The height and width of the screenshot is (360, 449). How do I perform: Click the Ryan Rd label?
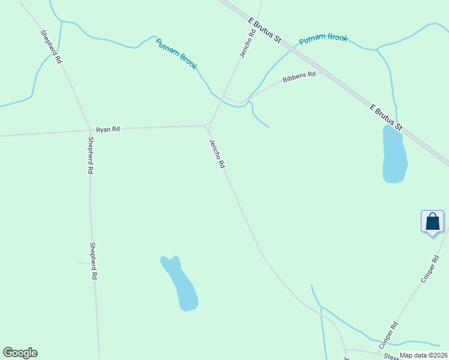(x=108, y=129)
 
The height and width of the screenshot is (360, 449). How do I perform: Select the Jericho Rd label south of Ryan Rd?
(x=217, y=153)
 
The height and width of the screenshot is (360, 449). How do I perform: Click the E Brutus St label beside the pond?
(x=385, y=118)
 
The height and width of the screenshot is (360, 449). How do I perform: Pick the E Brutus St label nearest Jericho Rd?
(x=265, y=29)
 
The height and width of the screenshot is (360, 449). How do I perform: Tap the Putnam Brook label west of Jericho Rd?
(x=176, y=54)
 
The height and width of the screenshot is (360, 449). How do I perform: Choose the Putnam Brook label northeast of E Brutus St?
(x=323, y=38)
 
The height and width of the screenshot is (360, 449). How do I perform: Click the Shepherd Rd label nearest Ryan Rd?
(x=90, y=155)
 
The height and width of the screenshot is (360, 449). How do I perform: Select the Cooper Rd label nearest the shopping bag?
(x=430, y=269)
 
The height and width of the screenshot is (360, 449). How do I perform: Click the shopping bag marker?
(x=432, y=222)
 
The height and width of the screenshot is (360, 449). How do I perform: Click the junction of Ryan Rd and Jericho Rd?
(x=208, y=125)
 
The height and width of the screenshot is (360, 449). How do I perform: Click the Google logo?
(x=20, y=353)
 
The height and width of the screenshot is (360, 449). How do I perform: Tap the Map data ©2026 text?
(x=423, y=355)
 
